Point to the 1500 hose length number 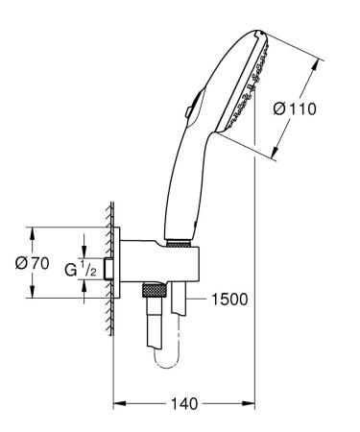[228, 299]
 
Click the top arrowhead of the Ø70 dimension [33, 230]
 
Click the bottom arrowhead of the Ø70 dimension [33, 297]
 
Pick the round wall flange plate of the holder [119, 264]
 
